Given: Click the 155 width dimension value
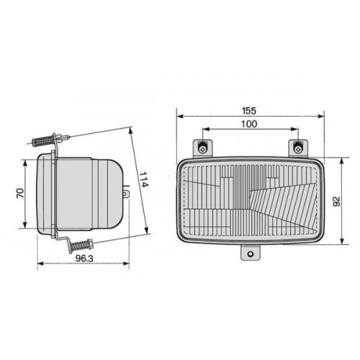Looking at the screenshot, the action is click(249, 111).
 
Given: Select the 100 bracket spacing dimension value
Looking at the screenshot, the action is click(249, 124).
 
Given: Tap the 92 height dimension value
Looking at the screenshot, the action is click(337, 201).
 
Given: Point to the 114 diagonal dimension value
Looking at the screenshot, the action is click(144, 179).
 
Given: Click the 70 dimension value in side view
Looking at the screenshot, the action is click(20, 193).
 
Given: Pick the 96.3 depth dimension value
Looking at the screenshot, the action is click(84, 258).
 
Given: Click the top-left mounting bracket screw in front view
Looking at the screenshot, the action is click(203, 148).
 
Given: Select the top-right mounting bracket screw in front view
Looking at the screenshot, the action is click(298, 148).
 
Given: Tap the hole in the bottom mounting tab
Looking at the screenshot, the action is click(251, 253).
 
